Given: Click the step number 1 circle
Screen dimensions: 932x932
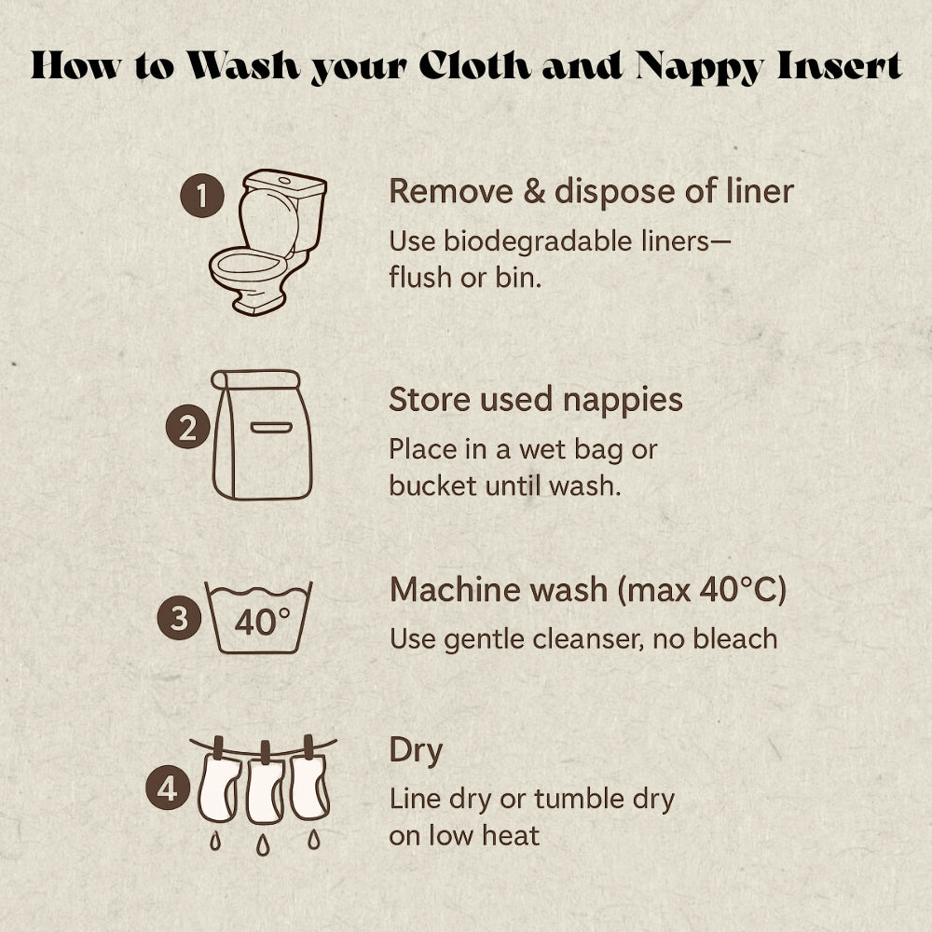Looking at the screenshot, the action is pos(202,196).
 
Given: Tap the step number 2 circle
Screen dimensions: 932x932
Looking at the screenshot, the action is pos(188,427).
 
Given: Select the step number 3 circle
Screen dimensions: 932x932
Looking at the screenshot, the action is pos(180,618).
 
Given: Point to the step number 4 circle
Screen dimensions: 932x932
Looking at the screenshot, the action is pos(168,788).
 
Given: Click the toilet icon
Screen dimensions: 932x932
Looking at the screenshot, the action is pos(267,242).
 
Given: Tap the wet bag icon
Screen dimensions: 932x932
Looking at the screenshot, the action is pos(262,434).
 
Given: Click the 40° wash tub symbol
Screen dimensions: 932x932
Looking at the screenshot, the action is pos(258,618).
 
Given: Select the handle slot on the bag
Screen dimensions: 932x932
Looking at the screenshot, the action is pos(271,428).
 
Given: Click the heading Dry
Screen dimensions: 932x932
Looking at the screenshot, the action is pos(416,752).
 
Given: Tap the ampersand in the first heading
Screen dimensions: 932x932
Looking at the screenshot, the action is pos(533,191).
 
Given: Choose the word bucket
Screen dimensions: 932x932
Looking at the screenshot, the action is pos(432,486).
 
